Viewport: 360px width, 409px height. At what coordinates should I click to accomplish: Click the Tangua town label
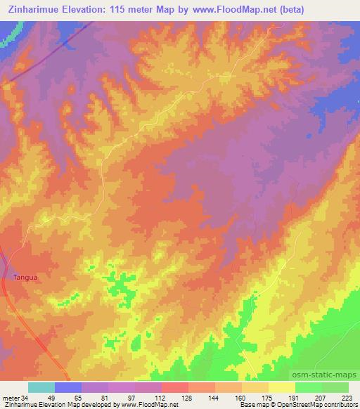tap(25, 277)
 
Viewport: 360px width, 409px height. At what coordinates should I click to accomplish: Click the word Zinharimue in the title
tap(34, 10)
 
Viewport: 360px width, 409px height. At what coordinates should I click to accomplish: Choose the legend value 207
tap(323, 398)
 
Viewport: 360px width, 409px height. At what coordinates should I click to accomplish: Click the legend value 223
tap(349, 398)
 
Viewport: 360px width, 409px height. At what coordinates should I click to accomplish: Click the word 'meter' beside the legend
tap(9, 398)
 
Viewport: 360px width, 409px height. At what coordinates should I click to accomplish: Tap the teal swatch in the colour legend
tap(41, 387)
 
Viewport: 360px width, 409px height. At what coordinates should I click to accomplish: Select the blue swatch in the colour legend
tap(68, 387)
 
